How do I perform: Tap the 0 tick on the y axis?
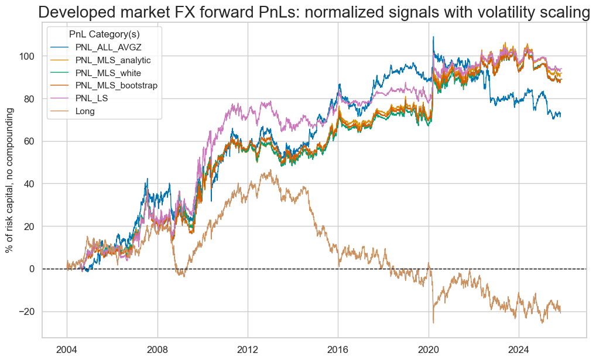click(x=32, y=269)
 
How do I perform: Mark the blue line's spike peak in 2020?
click(x=433, y=37)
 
